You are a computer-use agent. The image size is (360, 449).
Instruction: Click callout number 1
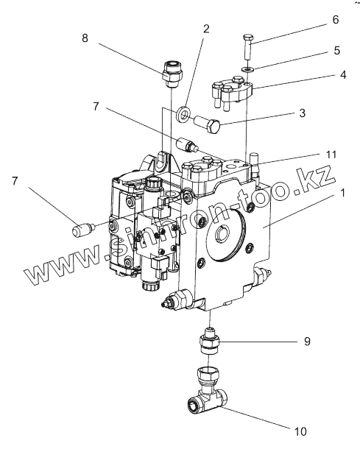pyautogui.click(x=342, y=193)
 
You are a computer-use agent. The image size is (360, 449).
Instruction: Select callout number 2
pyautogui.click(x=206, y=29)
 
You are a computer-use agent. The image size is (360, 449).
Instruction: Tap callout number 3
pyautogui.click(x=302, y=113)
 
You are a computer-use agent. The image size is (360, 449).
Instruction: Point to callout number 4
pyautogui.click(x=343, y=75)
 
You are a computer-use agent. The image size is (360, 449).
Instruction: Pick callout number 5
pyautogui.click(x=336, y=50)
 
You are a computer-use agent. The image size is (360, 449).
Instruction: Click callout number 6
pyautogui.click(x=336, y=19)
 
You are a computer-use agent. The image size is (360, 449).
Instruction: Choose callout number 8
pyautogui.click(x=85, y=38)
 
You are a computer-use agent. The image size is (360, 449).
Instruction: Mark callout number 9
pyautogui.click(x=307, y=341)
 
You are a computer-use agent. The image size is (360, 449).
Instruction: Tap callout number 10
pyautogui.click(x=300, y=431)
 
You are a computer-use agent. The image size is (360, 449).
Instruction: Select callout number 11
pyautogui.click(x=331, y=155)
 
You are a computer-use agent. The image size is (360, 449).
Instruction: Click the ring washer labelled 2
pyautogui.click(x=183, y=115)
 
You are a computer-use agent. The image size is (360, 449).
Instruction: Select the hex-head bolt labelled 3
pyautogui.click(x=207, y=124)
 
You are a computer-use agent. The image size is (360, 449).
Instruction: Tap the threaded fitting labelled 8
pyautogui.click(x=172, y=74)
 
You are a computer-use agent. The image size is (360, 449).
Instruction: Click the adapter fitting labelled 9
pyautogui.click(x=211, y=342)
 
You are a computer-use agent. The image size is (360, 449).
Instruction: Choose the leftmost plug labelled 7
pyautogui.click(x=83, y=229)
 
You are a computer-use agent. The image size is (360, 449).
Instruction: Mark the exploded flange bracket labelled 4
pyautogui.click(x=232, y=91)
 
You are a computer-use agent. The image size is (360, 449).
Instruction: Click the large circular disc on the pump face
pyautogui.click(x=226, y=235)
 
